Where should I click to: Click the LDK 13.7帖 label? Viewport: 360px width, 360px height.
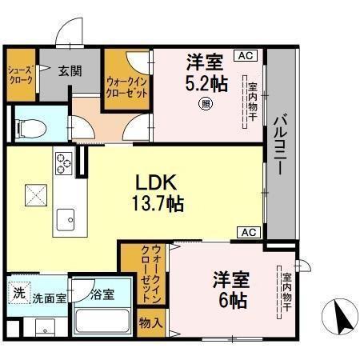[157, 192]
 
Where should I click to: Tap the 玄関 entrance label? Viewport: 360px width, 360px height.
[70, 70]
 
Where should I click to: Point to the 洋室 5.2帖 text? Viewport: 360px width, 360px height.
[206, 70]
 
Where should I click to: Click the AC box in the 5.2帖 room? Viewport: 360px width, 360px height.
[244, 55]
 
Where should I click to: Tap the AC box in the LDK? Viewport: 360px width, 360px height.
[246, 233]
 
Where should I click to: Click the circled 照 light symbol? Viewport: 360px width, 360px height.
[206, 102]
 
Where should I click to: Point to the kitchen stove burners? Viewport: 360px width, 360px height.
[62, 165]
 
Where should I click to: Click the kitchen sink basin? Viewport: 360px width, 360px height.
[64, 218]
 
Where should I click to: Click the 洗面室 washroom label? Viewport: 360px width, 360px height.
[50, 298]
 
